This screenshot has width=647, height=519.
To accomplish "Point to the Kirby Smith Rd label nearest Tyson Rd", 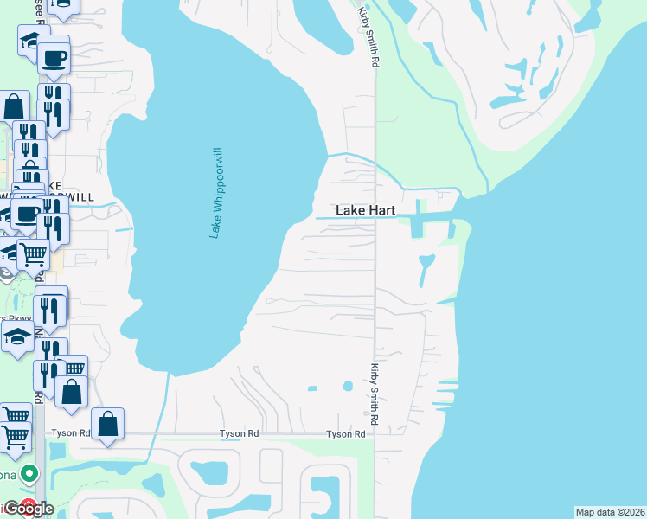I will tap(375, 394).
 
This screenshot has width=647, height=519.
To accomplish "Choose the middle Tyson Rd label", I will tap(240, 433).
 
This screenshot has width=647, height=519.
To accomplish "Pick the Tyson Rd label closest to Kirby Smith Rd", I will tap(345, 434).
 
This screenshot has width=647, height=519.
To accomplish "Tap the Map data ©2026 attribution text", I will tap(611, 512).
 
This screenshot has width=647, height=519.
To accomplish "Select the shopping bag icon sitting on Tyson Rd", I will tap(107, 424).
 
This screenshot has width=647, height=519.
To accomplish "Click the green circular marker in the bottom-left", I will tap(29, 473).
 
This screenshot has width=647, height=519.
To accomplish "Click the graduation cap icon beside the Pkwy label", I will tap(16, 336).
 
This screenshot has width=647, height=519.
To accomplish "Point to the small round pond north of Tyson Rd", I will tap(347, 386).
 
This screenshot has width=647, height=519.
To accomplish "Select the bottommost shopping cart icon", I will tap(16, 439).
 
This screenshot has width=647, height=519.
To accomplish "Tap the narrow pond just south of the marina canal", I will tap(424, 270).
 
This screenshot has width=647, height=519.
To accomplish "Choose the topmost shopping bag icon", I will tap(15, 106).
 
